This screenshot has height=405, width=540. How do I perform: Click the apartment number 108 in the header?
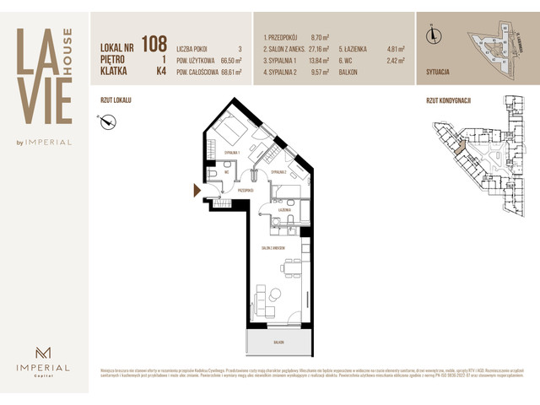[154, 42]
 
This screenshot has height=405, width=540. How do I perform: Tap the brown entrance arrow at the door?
[197, 191]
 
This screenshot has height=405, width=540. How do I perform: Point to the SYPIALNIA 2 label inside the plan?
[280, 171]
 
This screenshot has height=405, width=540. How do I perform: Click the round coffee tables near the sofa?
[273, 295]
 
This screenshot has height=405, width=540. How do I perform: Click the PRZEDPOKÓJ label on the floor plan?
[246, 192]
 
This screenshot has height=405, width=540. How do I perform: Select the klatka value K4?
[160, 72]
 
